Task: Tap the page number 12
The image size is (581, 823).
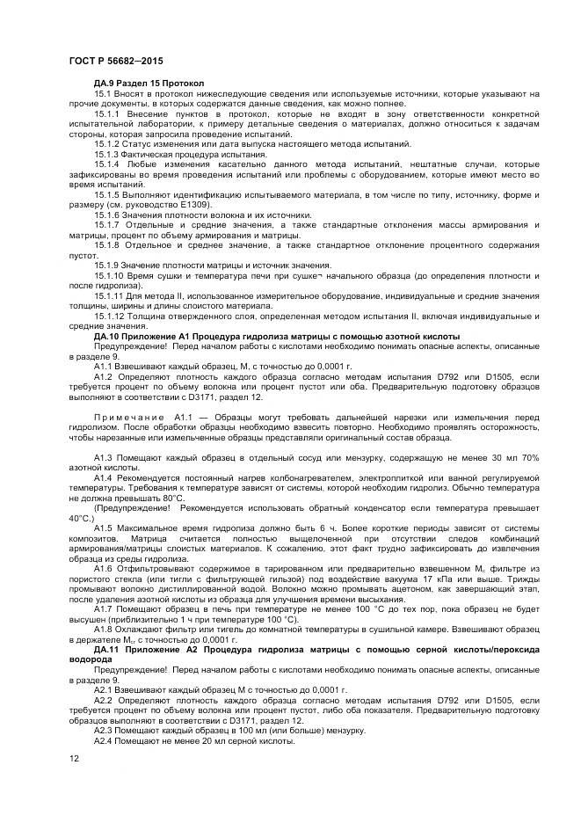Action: tap(75, 757)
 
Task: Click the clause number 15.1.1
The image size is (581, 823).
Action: tap(106, 113)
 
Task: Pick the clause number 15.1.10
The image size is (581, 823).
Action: tap(109, 275)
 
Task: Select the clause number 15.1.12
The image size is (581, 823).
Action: tap(109, 316)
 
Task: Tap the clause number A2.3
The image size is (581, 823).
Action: tap(103, 730)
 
